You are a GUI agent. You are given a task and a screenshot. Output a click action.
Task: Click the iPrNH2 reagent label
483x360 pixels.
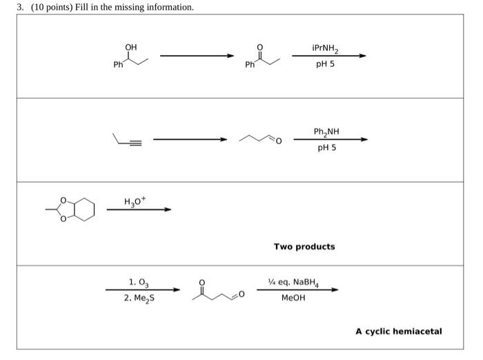326,49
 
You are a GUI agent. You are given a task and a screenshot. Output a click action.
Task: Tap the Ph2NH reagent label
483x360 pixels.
326,132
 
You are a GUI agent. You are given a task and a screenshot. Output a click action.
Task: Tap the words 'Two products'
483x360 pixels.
304,246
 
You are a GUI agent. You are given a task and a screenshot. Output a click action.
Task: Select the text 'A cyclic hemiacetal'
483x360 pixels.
399,331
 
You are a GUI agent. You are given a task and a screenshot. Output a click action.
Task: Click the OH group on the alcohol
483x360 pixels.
130,47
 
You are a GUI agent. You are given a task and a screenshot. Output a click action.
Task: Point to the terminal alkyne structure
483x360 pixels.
128,141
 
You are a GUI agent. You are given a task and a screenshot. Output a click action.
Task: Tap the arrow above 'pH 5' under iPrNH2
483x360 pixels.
328,57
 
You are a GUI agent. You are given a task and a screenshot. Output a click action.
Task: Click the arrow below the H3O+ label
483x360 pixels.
138,210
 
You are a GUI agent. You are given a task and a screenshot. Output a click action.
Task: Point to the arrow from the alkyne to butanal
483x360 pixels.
190,140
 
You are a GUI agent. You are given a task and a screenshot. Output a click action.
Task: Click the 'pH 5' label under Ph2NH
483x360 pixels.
327,147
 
